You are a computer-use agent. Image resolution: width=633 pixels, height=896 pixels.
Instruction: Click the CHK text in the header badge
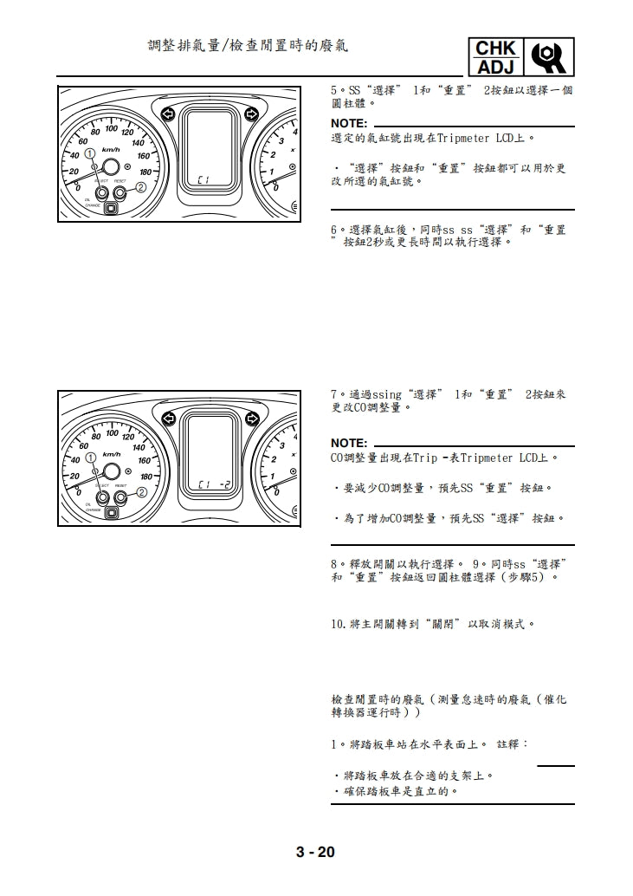pyautogui.click(x=495, y=49)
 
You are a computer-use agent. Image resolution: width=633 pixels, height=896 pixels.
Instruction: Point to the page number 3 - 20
pyautogui.click(x=315, y=852)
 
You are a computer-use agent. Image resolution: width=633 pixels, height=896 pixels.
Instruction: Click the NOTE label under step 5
pyautogui.click(x=349, y=124)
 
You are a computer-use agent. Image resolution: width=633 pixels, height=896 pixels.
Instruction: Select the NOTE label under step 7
pyautogui.click(x=349, y=443)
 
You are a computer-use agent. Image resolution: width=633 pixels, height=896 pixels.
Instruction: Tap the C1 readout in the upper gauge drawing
pyautogui.click(x=203, y=179)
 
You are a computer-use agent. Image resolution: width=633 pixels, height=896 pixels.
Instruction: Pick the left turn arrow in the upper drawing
pyautogui.click(x=168, y=114)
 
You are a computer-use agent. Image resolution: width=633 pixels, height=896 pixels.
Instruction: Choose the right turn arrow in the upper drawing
pyautogui.click(x=252, y=114)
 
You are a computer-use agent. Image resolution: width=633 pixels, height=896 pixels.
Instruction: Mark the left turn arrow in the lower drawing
pyautogui.click(x=168, y=419)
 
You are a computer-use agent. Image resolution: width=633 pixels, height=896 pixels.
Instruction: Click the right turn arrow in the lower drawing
pyautogui.click(x=252, y=419)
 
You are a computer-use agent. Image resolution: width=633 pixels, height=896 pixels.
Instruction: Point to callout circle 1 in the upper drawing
pyautogui.click(x=90, y=154)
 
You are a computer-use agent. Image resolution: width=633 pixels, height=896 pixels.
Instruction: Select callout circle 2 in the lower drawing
pyautogui.click(x=140, y=493)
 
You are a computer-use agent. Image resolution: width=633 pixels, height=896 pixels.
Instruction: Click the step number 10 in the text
pyautogui.click(x=339, y=623)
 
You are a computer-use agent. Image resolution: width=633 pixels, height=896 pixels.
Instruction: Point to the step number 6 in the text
pyautogui.click(x=334, y=230)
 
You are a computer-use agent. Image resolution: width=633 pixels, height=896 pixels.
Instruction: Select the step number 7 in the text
pyautogui.click(x=334, y=394)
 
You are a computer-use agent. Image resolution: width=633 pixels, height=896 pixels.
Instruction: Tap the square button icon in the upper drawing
pyautogui.click(x=111, y=207)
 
